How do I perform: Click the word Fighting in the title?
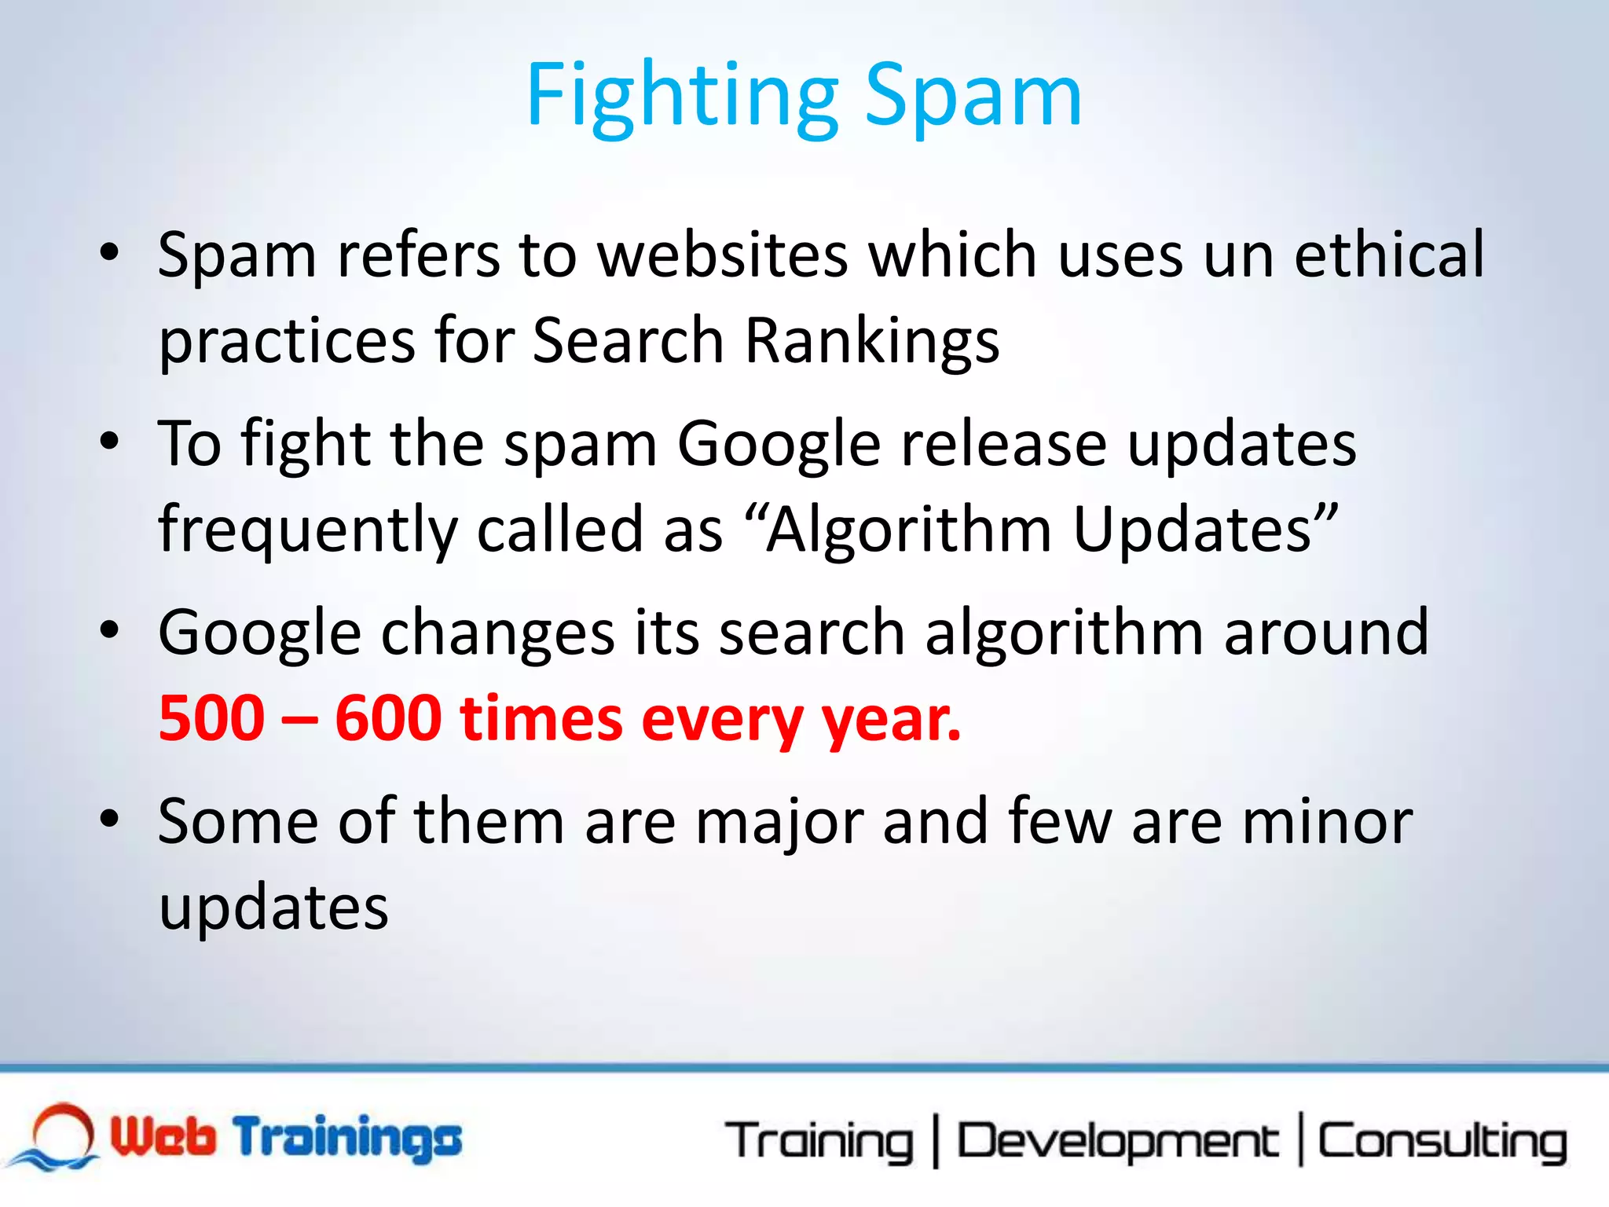[682, 97]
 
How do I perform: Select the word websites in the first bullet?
[723, 255]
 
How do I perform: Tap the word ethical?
[1389, 255]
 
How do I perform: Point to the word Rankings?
[872, 342]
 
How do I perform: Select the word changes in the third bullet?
[498, 633]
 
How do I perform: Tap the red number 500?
[212, 718]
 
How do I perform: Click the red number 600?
[388, 718]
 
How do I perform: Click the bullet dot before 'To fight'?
[109, 441]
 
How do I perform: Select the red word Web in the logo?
[163, 1136]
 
